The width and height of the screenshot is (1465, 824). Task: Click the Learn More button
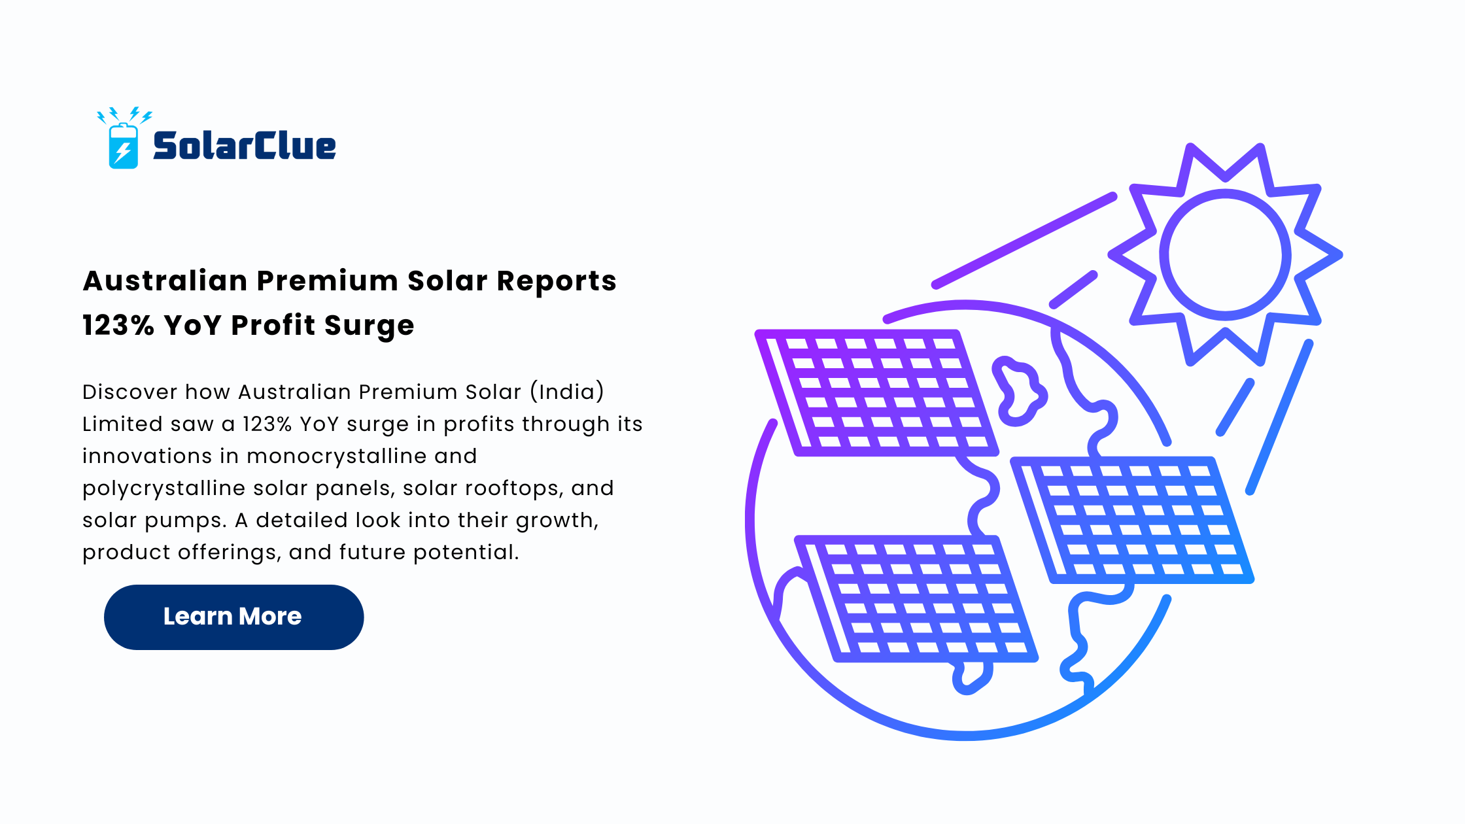click(x=233, y=617)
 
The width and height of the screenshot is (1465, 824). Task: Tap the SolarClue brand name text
click(x=245, y=146)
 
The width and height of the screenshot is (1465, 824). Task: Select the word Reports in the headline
click(x=557, y=281)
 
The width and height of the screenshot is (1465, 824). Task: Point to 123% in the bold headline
click(x=118, y=325)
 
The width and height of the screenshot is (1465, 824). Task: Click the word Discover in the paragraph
click(x=129, y=392)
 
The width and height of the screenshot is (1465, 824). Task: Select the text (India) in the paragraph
click(x=567, y=392)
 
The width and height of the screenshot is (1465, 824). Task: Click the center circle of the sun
click(x=1225, y=254)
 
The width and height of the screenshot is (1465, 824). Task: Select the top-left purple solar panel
click(x=876, y=392)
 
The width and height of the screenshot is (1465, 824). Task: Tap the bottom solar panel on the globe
click(x=916, y=598)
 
